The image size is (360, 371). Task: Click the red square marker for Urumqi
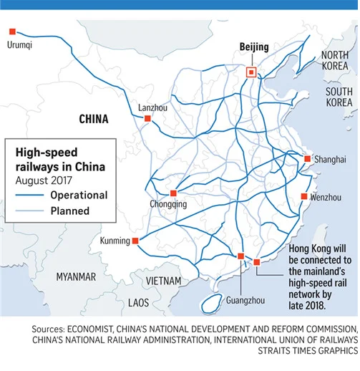(12, 32)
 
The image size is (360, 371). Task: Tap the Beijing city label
(253, 47)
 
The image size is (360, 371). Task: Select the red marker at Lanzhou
(147, 119)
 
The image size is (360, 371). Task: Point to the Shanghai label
(330, 158)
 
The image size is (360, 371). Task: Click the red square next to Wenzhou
(304, 196)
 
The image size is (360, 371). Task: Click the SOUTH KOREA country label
(339, 98)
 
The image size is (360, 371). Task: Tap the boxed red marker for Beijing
(250, 72)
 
